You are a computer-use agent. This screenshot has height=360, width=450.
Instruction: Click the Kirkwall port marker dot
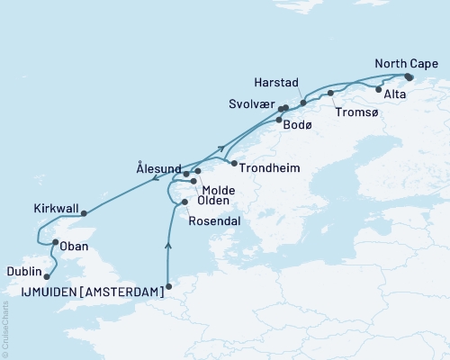pos(84,213)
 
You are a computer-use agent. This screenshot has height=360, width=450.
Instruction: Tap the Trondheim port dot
pos(232,164)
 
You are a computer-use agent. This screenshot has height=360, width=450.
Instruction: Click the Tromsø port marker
pos(330,94)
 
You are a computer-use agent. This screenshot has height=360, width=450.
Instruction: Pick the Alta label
pos(395,94)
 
